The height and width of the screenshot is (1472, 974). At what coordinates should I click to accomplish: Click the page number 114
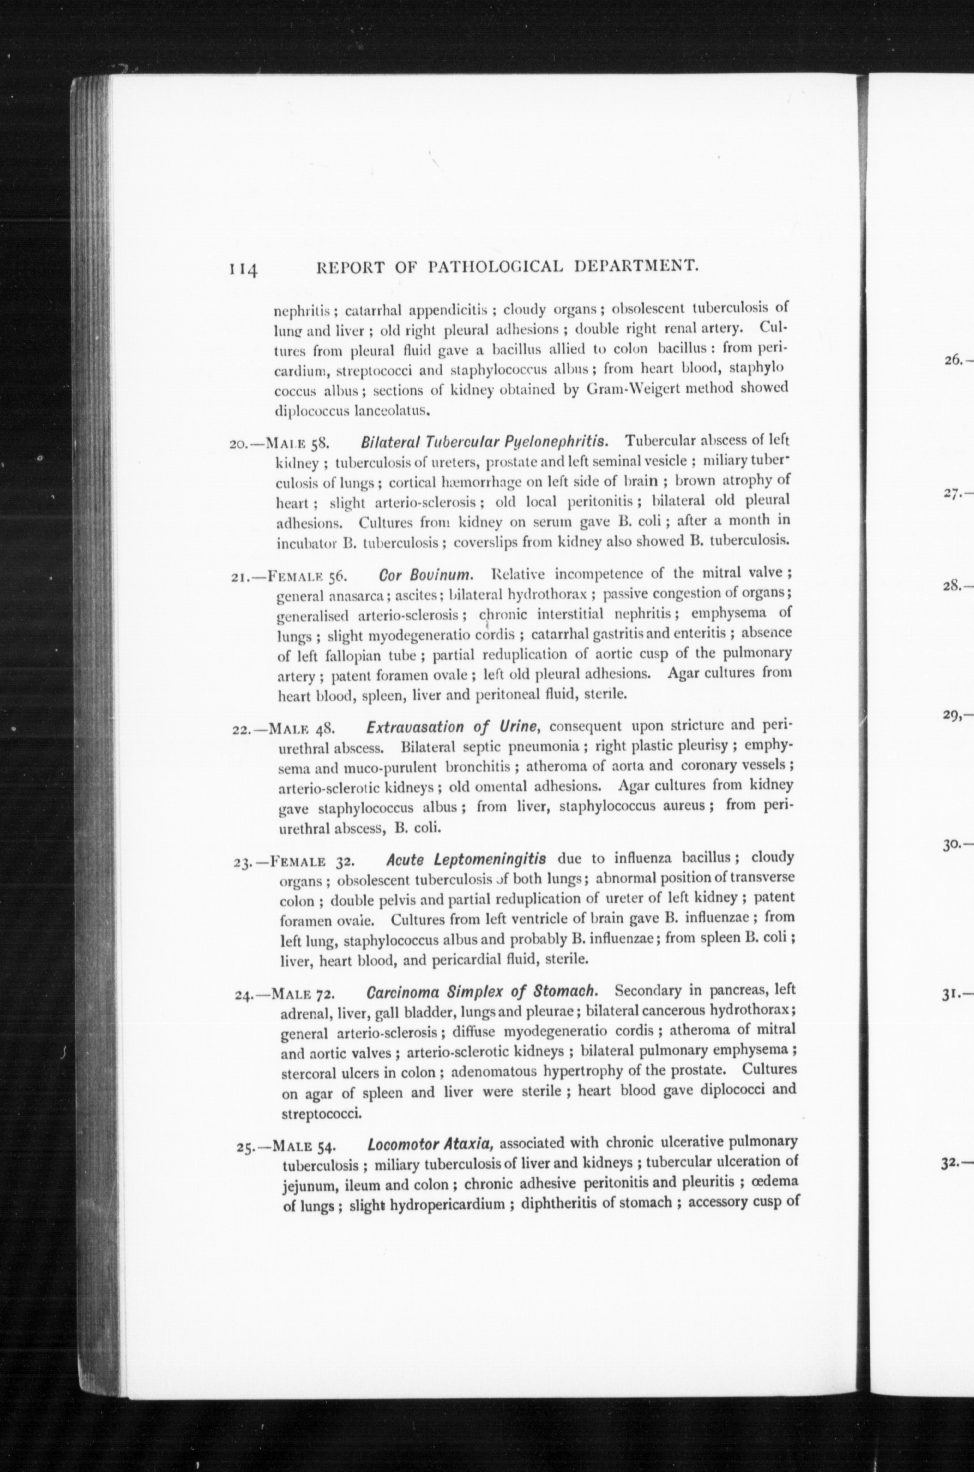[x=244, y=269]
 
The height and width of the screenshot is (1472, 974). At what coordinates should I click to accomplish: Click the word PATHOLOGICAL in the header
[x=496, y=267]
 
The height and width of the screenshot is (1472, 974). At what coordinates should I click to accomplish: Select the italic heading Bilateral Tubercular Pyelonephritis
[x=484, y=441]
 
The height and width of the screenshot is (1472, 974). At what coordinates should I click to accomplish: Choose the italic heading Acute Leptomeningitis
[x=466, y=860]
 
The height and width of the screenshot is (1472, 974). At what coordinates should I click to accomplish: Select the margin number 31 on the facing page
[x=950, y=995]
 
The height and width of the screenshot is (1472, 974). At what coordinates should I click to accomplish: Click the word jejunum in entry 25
[x=309, y=1184]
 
